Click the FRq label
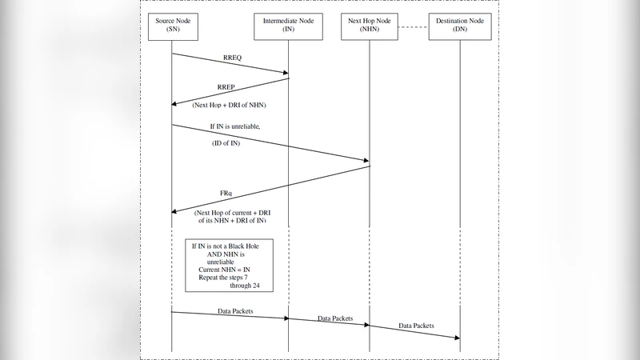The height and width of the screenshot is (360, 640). [227, 194]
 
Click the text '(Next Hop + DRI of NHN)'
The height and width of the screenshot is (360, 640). [230, 106]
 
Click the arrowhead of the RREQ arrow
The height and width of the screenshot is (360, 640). [284, 74]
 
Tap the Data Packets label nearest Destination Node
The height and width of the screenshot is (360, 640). [417, 326]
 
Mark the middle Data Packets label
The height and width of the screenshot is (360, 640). [335, 318]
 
